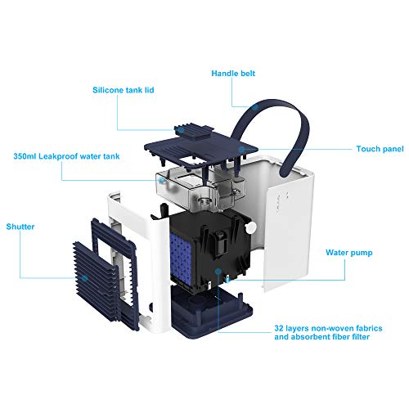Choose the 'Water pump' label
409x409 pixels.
352,253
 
